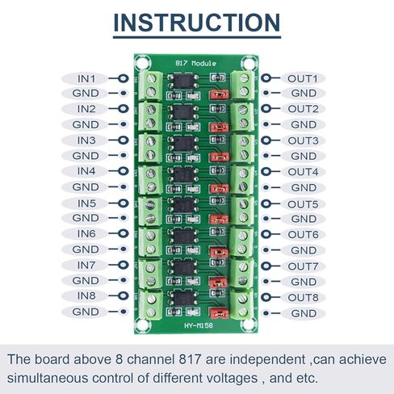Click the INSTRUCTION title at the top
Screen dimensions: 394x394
click(x=197, y=23)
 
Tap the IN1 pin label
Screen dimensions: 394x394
click(x=86, y=79)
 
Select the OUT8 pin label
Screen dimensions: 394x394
click(x=303, y=298)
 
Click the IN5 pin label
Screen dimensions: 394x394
click(x=86, y=203)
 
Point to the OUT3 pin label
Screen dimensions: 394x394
click(x=303, y=140)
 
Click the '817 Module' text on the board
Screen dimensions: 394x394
click(x=195, y=64)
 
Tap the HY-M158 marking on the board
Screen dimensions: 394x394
click(x=199, y=325)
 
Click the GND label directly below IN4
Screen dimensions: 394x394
click(x=86, y=187)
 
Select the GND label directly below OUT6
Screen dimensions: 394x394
click(x=304, y=250)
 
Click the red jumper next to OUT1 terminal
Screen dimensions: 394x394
click(x=219, y=94)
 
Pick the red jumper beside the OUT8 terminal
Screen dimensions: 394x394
click(x=219, y=313)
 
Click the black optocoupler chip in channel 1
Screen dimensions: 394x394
click(x=183, y=82)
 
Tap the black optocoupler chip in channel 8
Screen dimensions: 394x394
click(x=184, y=298)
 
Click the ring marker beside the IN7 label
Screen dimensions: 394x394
click(x=124, y=265)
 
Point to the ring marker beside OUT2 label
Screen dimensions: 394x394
click(x=266, y=108)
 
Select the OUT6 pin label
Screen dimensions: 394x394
click(x=303, y=235)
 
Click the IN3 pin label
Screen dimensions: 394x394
click(x=86, y=140)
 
